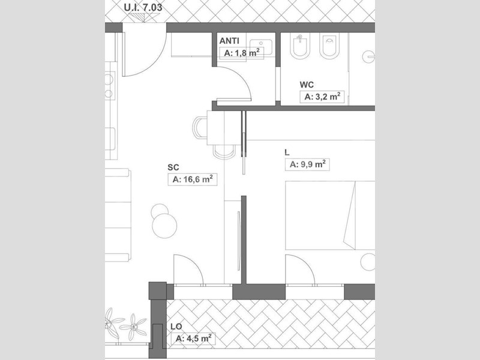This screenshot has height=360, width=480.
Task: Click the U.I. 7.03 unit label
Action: [143, 7]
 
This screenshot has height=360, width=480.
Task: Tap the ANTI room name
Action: [229, 41]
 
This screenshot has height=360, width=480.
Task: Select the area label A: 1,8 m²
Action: [242, 53]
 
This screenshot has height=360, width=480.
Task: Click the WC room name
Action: [307, 85]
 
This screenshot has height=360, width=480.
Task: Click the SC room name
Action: [173, 167]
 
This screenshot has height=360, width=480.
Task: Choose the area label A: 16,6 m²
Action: [193, 179]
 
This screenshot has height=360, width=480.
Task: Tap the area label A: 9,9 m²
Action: [307, 164]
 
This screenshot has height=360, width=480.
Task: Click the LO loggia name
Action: [176, 326]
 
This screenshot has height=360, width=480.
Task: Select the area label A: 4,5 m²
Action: [193, 338]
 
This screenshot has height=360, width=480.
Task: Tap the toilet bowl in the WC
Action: [329, 46]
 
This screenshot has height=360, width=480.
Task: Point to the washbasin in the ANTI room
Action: [261, 47]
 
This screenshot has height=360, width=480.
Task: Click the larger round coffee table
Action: [164, 226]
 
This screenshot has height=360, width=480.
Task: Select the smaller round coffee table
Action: [160, 212]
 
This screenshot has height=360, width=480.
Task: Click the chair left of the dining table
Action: [200, 128]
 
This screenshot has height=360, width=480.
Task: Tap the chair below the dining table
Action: [224, 152]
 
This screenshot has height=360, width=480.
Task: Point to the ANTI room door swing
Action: [241, 78]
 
